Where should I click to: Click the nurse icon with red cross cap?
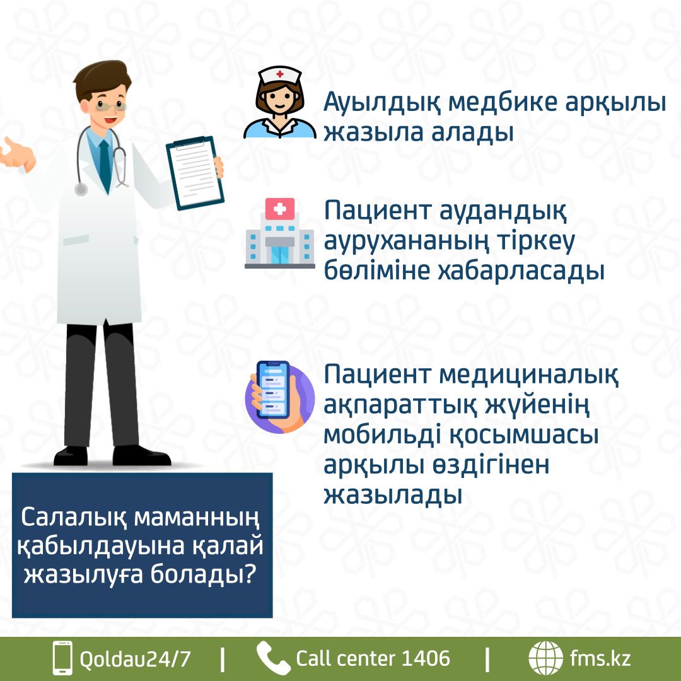point(280,103)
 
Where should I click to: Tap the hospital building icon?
point(280,233)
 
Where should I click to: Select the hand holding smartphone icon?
point(280,397)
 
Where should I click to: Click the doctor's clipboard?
point(195,173)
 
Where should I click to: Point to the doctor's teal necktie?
point(105,165)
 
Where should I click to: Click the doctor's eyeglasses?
point(111,105)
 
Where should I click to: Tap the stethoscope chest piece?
point(81,189)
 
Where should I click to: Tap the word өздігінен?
point(491,465)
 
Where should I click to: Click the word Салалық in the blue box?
point(74,517)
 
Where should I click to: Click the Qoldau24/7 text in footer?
point(135,659)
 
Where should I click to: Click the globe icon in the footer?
point(545,658)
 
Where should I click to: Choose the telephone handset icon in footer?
point(273,658)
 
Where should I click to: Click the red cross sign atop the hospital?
point(280,209)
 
